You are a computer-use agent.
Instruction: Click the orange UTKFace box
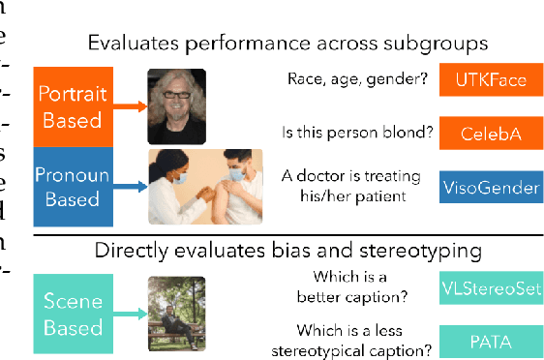tap(489, 80)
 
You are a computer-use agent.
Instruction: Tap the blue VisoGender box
tap(489, 186)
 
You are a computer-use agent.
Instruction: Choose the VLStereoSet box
tap(489, 287)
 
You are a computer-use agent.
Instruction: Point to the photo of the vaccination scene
tap(204, 186)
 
